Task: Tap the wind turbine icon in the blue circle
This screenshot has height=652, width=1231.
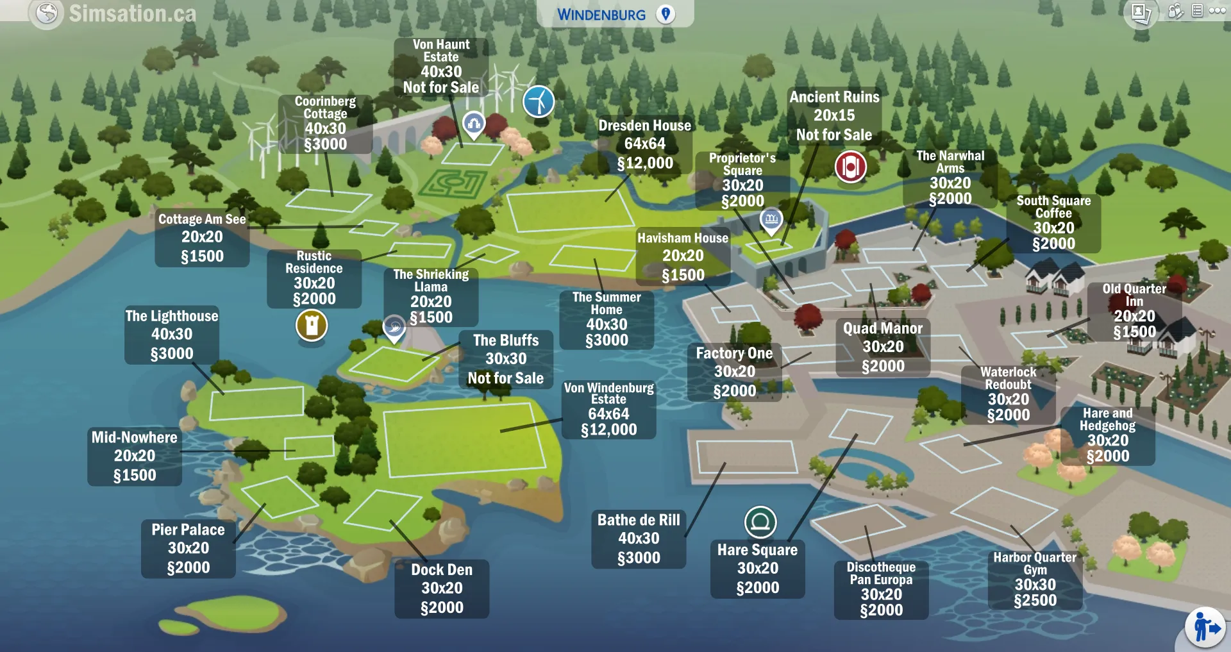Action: click(x=539, y=101)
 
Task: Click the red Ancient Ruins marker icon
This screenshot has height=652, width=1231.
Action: click(x=850, y=167)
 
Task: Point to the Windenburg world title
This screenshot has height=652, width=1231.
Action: click(x=601, y=15)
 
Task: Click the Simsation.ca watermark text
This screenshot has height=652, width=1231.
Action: click(x=132, y=13)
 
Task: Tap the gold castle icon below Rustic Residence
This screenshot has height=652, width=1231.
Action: click(x=312, y=325)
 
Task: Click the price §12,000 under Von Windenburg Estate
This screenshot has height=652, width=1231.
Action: click(x=608, y=430)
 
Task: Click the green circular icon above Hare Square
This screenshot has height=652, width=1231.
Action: click(x=760, y=522)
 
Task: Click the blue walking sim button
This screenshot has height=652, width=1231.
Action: click(x=1205, y=628)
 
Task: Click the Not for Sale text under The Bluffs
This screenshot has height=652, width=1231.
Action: click(x=505, y=378)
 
